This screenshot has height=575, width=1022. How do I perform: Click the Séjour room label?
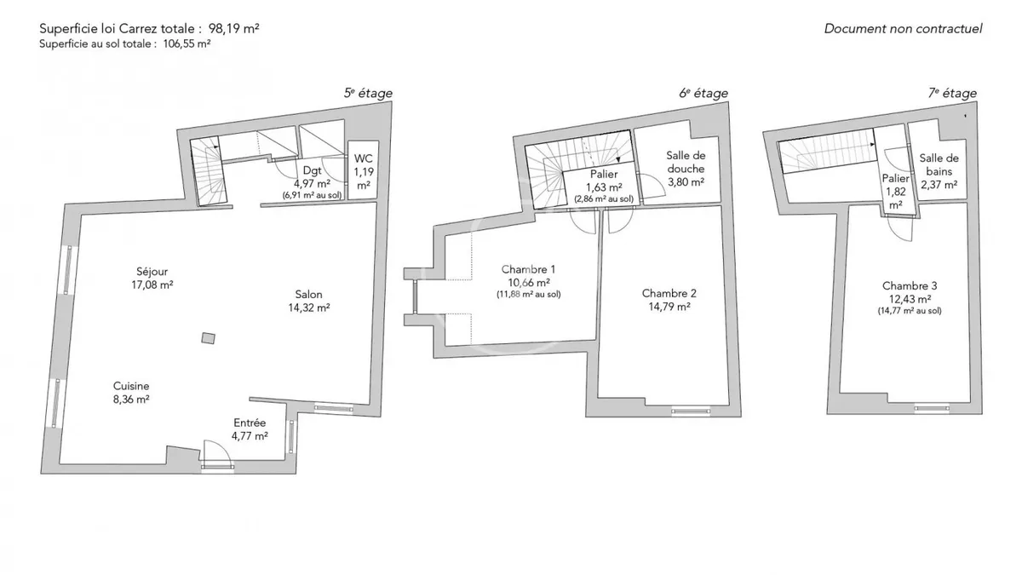coord(152,272)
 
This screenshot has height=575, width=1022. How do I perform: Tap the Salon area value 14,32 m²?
coord(309,308)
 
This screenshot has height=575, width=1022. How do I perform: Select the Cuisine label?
coord(131,386)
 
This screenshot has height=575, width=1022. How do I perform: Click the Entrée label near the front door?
coord(250,423)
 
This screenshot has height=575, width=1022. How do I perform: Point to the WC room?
coord(363,170)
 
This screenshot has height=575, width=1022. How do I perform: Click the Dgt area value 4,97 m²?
coord(312,183)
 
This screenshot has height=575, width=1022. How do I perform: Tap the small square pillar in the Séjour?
coord(209,338)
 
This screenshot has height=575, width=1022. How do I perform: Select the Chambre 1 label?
coord(528,269)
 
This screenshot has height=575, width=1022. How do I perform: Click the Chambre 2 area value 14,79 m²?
coord(669,307)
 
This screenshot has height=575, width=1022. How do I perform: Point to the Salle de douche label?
coord(686,162)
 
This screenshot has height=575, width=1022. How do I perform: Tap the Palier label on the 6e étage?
coord(604,174)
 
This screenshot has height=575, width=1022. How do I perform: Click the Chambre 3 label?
coord(910,285)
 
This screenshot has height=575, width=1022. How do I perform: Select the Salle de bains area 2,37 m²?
coord(939,185)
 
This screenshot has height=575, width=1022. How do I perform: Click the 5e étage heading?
coord(368,93)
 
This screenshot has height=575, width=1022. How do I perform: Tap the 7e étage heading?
coord(953,93)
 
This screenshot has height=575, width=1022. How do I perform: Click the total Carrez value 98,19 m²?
coord(234,29)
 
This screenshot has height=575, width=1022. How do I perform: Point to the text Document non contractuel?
coord(903,29)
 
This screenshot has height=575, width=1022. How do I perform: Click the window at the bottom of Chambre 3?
coord(932,408)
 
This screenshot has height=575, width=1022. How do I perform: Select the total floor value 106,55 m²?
coord(187,44)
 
